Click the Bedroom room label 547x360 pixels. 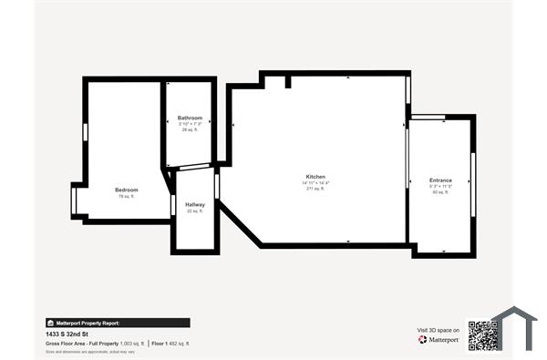click(x=126, y=190)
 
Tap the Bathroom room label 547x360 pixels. click(x=190, y=118)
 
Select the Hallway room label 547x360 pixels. click(x=195, y=204)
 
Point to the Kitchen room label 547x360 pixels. click(x=315, y=177)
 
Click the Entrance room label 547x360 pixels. click(x=440, y=180)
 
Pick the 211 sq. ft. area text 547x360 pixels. click(x=315, y=190)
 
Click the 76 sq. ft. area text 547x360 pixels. click(x=126, y=196)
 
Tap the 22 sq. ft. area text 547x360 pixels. click(x=195, y=211)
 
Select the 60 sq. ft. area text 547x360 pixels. click(x=440, y=192)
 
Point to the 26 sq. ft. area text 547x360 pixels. click(x=190, y=129)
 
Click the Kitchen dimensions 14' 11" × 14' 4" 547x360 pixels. click(x=315, y=183)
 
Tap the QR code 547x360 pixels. click(x=480, y=335)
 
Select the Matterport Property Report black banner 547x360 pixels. click(x=118, y=323)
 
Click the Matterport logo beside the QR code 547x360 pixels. click(x=439, y=339)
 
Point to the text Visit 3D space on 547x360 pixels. click(x=439, y=329)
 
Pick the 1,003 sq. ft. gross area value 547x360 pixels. click(x=132, y=343)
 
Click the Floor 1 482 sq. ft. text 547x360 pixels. click(x=170, y=343)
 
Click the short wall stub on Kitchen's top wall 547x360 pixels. click(x=288, y=82)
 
